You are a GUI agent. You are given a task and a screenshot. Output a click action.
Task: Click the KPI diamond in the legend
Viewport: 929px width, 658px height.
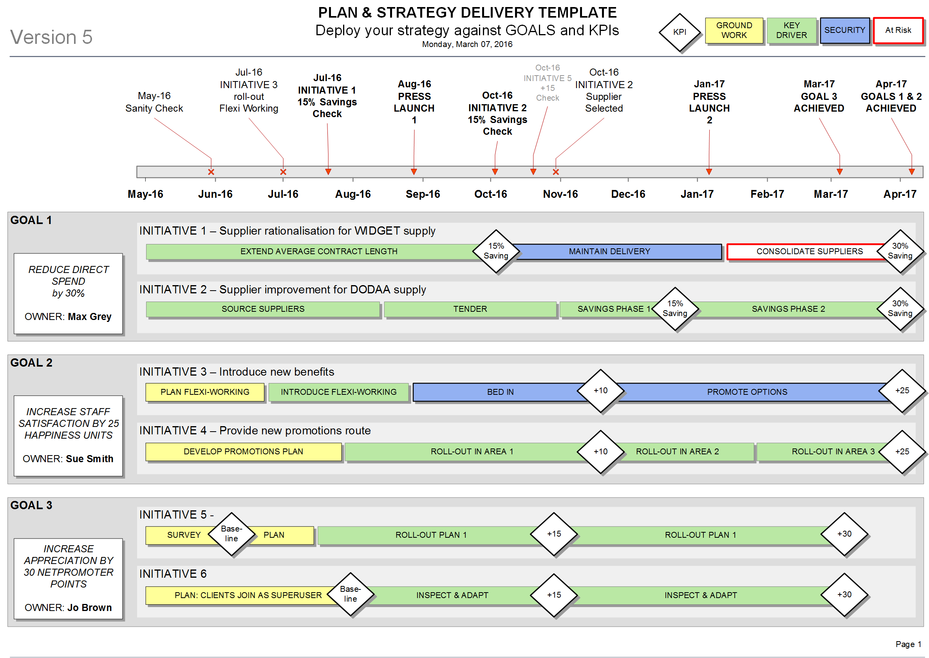(x=680, y=32)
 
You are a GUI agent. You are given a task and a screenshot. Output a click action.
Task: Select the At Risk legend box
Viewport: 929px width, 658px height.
(x=898, y=30)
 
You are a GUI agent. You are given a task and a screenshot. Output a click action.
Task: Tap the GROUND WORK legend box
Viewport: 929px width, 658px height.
(x=734, y=30)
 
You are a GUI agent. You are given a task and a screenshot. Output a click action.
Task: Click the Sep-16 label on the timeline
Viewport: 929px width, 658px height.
(x=423, y=194)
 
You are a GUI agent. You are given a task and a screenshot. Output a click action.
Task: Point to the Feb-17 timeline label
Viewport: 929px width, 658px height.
(x=767, y=194)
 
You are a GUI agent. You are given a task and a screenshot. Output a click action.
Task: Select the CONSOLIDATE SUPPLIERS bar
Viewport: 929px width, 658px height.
(x=810, y=251)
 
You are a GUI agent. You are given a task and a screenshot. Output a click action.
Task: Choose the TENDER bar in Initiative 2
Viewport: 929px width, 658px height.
(x=470, y=309)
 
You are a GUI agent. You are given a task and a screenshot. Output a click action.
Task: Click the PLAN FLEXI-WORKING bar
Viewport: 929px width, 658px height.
(x=204, y=392)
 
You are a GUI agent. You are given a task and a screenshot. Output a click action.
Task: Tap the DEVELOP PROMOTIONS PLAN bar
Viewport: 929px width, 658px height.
(x=244, y=451)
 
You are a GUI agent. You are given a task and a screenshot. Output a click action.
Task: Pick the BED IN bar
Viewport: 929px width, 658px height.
(x=501, y=392)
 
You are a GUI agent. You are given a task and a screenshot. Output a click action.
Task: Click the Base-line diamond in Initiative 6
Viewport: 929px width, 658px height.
(x=351, y=594)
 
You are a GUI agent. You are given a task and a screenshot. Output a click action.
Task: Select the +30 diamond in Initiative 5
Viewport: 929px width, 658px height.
(x=844, y=533)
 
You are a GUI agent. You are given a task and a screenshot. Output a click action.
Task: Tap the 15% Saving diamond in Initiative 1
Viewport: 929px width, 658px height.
(x=496, y=251)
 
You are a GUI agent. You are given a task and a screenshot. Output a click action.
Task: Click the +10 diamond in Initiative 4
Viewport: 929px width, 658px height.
(x=600, y=451)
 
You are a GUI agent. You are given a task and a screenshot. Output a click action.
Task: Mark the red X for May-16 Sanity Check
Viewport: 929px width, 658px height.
(x=211, y=172)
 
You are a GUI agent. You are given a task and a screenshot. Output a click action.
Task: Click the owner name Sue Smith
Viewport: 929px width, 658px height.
(x=90, y=459)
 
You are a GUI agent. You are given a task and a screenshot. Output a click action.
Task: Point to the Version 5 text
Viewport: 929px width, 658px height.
(x=51, y=37)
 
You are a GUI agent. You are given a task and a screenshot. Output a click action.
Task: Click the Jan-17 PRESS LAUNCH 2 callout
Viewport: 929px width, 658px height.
(x=709, y=102)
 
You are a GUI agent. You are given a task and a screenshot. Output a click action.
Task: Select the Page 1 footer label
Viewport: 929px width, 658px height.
(x=908, y=644)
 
